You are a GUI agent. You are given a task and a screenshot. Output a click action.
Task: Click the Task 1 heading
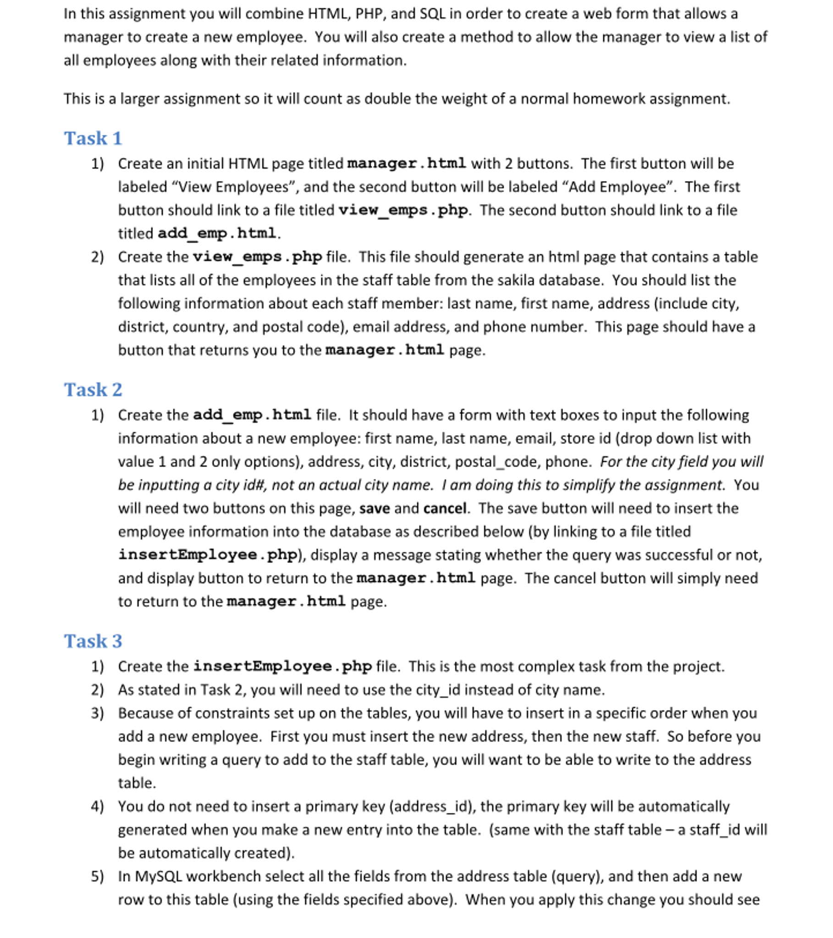tap(93, 138)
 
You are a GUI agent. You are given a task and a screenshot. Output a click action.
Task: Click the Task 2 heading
tap(93, 390)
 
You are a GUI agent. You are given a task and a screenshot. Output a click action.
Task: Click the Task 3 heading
tap(93, 641)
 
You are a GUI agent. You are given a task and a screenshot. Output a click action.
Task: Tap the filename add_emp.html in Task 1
tap(217, 233)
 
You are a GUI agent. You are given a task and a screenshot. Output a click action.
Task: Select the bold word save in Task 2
tap(374, 508)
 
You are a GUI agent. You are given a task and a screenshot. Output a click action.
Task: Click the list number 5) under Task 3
tap(97, 877)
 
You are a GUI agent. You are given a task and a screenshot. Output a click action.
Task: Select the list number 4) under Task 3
tap(97, 806)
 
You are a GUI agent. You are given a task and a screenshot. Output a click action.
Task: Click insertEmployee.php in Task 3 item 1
tap(282, 666)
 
